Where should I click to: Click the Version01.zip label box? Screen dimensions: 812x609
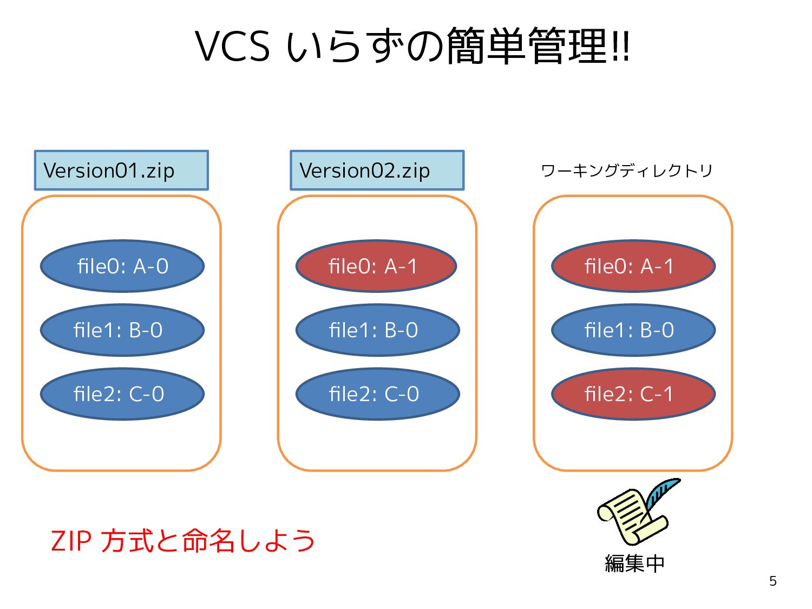click(x=121, y=171)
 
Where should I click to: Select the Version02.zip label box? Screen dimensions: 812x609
click(x=377, y=171)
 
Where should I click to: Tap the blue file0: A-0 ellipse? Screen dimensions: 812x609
click(x=122, y=266)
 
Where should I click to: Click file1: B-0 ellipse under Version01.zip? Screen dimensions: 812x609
click(x=122, y=330)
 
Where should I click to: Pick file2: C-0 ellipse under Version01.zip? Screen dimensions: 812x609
click(x=122, y=394)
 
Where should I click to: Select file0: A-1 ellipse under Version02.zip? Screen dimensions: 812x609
click(x=376, y=266)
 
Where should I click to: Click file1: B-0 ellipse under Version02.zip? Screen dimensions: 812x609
click(x=378, y=330)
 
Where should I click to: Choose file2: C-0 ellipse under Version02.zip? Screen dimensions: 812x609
click(x=378, y=394)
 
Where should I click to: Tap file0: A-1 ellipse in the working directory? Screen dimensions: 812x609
click(x=633, y=266)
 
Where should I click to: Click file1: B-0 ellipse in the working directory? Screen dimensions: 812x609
click(x=633, y=330)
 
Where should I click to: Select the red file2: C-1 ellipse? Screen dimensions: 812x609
click(x=633, y=394)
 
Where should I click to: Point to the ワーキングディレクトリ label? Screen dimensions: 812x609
click(x=627, y=171)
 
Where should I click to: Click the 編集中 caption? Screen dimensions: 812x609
click(x=635, y=564)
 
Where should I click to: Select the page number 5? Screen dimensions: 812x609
click(x=773, y=581)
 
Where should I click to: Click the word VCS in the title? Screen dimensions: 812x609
click(x=232, y=46)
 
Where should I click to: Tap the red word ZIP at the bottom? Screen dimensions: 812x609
click(x=71, y=541)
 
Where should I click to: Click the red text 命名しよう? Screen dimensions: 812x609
click(x=248, y=541)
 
